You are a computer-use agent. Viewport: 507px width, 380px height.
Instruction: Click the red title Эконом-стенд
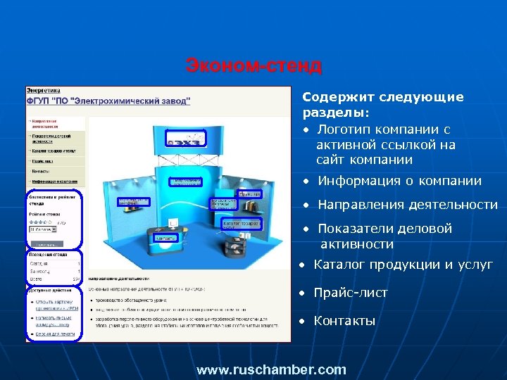254,66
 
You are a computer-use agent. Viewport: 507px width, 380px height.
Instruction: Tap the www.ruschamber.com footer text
271,369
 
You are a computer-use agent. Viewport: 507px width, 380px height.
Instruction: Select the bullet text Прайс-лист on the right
350,293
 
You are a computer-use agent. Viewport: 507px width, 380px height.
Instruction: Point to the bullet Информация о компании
399,181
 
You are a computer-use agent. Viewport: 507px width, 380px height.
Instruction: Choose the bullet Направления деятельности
407,205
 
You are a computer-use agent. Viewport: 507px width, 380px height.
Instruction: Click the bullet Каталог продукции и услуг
403,265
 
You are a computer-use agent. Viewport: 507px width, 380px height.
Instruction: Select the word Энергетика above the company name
44,91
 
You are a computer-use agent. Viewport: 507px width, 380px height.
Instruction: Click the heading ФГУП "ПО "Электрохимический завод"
108,101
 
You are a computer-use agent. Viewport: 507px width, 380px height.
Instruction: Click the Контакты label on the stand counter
166,237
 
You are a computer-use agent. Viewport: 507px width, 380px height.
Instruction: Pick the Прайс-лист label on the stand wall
249,194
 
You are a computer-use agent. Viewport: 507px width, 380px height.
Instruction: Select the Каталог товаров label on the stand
242,224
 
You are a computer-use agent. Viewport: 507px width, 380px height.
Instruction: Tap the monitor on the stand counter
173,223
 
